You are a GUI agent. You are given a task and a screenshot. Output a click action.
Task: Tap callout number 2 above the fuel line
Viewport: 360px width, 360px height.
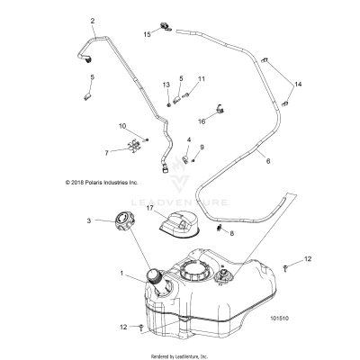92,20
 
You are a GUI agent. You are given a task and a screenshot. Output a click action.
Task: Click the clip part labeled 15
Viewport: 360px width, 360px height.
166,30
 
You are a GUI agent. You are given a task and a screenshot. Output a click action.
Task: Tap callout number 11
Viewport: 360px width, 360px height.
202,79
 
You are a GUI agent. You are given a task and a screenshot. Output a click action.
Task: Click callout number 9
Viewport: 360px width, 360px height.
202,147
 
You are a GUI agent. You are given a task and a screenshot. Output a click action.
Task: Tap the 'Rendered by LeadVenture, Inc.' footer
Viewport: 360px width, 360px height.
180,355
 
